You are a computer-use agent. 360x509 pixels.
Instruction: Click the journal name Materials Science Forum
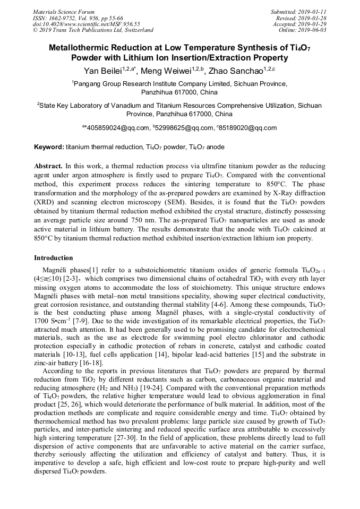pos(64,12)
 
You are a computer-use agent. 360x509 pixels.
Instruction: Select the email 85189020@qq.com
pos(247,128)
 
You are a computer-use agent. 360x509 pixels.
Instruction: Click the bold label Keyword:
pos(49,146)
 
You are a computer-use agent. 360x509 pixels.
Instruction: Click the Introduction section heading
pos(54,258)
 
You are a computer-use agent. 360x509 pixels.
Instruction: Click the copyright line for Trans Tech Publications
pos(93,30)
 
